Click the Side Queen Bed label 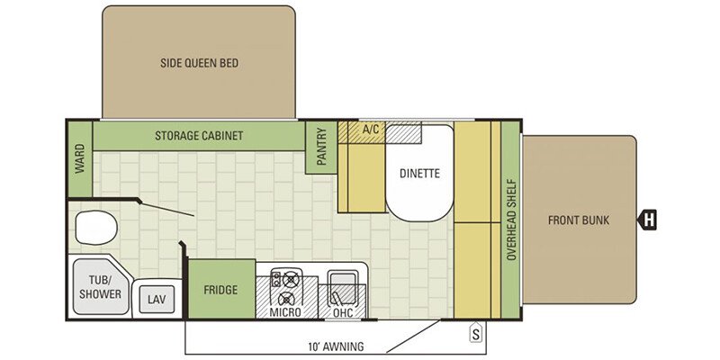coord(199,63)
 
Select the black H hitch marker coord(647,220)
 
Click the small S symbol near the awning coord(476,334)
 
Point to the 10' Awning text coord(336,346)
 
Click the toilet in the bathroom coord(95,228)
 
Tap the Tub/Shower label coord(100,287)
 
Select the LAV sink coord(154,300)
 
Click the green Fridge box coord(221,289)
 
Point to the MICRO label coord(285,312)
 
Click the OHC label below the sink coord(343,312)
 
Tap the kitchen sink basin coord(343,287)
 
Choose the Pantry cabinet coord(321,148)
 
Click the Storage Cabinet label coord(199,136)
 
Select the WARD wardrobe coord(80,159)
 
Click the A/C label coord(371,130)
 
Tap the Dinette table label coord(419,174)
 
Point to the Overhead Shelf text coord(511,220)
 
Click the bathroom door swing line coord(167,209)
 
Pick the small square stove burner coord(277,279)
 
